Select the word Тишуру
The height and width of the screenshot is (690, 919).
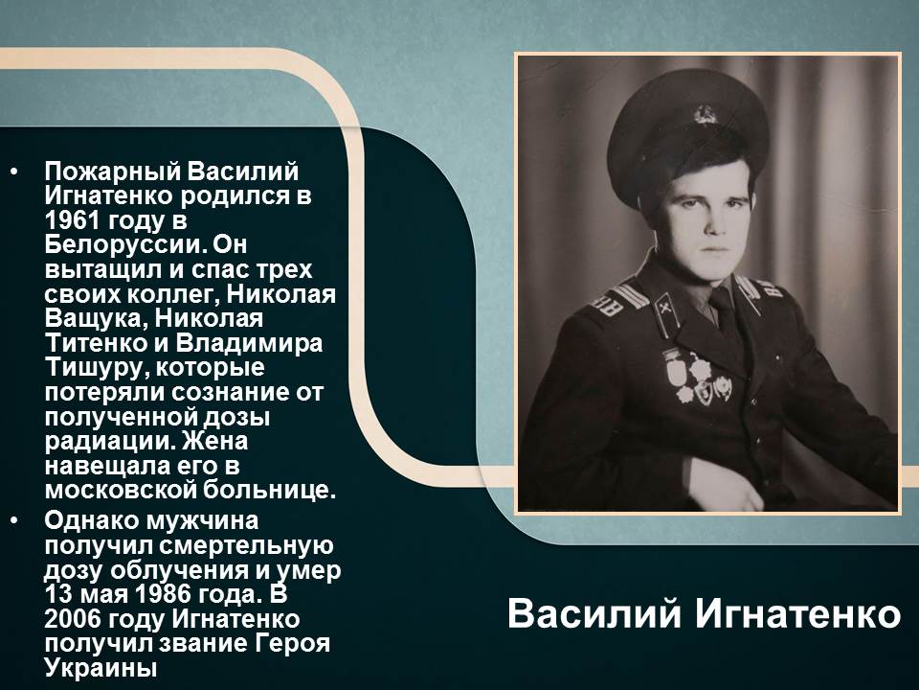[x=97, y=369]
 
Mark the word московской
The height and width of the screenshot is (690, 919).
[x=121, y=491]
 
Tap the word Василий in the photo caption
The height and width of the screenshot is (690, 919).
[x=594, y=613]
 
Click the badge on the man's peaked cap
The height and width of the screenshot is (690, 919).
[x=705, y=113]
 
